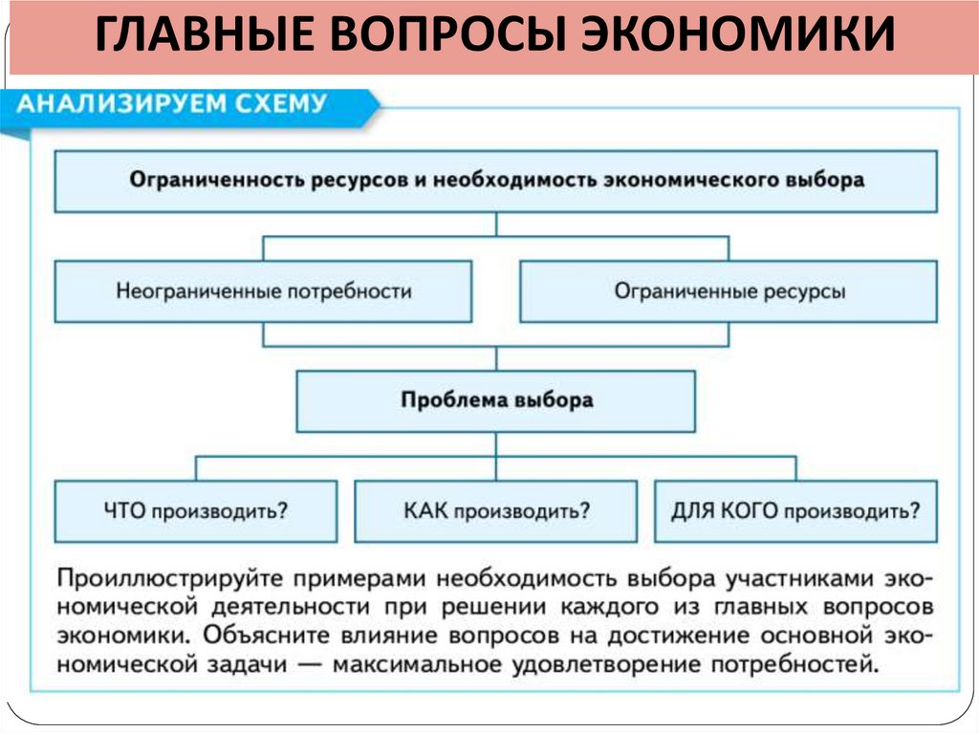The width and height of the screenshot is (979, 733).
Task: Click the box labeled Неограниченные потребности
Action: point(263,291)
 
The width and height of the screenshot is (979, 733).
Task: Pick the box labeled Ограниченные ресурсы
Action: point(729,291)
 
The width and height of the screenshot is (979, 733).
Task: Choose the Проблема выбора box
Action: point(495,399)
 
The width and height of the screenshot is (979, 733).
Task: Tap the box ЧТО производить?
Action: point(196,509)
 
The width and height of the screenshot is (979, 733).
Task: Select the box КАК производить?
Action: point(495,509)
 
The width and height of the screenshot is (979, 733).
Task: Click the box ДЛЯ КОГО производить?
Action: point(795,509)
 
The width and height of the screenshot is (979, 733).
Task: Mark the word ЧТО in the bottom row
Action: point(120,509)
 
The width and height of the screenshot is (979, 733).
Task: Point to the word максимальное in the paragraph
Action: point(398,662)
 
